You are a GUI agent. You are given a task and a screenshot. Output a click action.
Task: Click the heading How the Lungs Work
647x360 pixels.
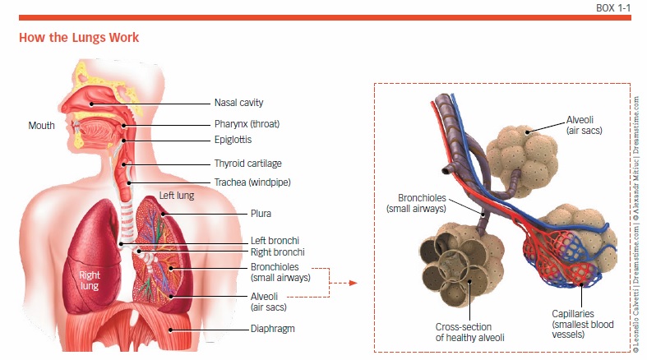point(78,38)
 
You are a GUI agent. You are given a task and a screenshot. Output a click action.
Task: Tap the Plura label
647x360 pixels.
point(261,213)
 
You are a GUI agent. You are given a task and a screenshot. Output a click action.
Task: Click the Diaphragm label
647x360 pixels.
point(272,329)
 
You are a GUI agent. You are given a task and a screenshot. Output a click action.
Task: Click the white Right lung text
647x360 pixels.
point(90,281)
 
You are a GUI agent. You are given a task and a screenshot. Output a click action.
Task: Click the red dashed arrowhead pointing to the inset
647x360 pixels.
point(354,283)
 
